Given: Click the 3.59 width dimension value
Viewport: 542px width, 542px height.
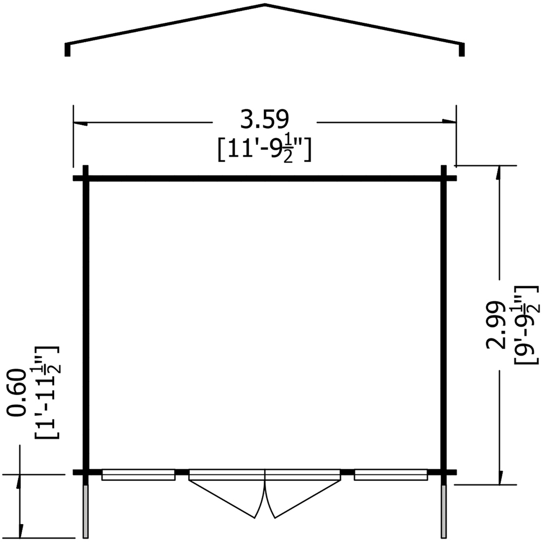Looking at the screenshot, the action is click(264, 120).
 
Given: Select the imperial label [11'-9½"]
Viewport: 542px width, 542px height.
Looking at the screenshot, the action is click(264, 150).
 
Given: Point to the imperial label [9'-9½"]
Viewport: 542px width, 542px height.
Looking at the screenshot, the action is click(526, 325).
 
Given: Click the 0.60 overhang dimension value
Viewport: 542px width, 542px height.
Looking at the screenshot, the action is click(16, 392).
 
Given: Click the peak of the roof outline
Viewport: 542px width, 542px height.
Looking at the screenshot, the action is click(265, 5).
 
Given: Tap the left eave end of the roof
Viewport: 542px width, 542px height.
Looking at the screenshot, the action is click(68, 49).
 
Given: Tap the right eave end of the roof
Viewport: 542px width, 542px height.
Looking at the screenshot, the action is click(462, 49).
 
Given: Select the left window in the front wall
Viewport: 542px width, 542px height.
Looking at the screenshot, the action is click(138, 475).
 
